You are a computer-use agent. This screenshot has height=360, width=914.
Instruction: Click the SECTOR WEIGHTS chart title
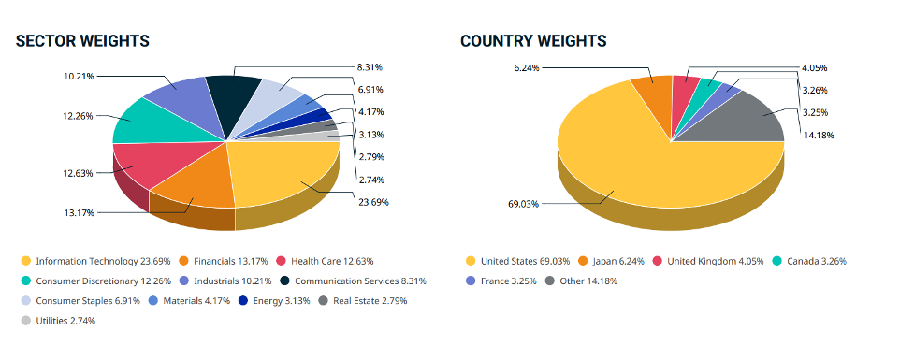pos(82,41)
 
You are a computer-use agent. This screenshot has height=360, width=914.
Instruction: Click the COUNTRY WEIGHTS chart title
pos(533,41)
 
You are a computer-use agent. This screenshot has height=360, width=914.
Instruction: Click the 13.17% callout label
pos(80,213)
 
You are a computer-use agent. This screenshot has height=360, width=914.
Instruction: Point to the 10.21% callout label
pos(80,76)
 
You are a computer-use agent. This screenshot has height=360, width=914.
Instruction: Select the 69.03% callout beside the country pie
pos(523,203)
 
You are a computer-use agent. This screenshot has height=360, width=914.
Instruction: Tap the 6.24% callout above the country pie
pos(528,68)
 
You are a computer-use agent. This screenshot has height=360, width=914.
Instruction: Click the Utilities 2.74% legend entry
pos(58,320)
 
